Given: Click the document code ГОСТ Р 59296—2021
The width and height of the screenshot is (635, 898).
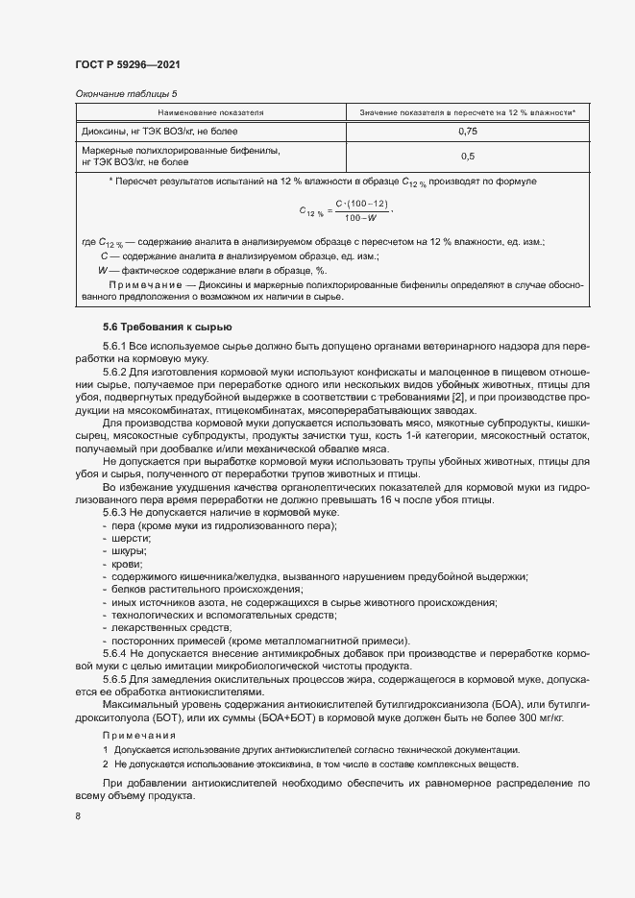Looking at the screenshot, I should pos(127,64).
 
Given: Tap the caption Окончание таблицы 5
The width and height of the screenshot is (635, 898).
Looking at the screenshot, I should pos(125,93).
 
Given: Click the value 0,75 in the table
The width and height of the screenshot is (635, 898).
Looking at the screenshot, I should pos(468,130).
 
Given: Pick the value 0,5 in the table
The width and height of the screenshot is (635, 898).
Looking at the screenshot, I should pos(468,157).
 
